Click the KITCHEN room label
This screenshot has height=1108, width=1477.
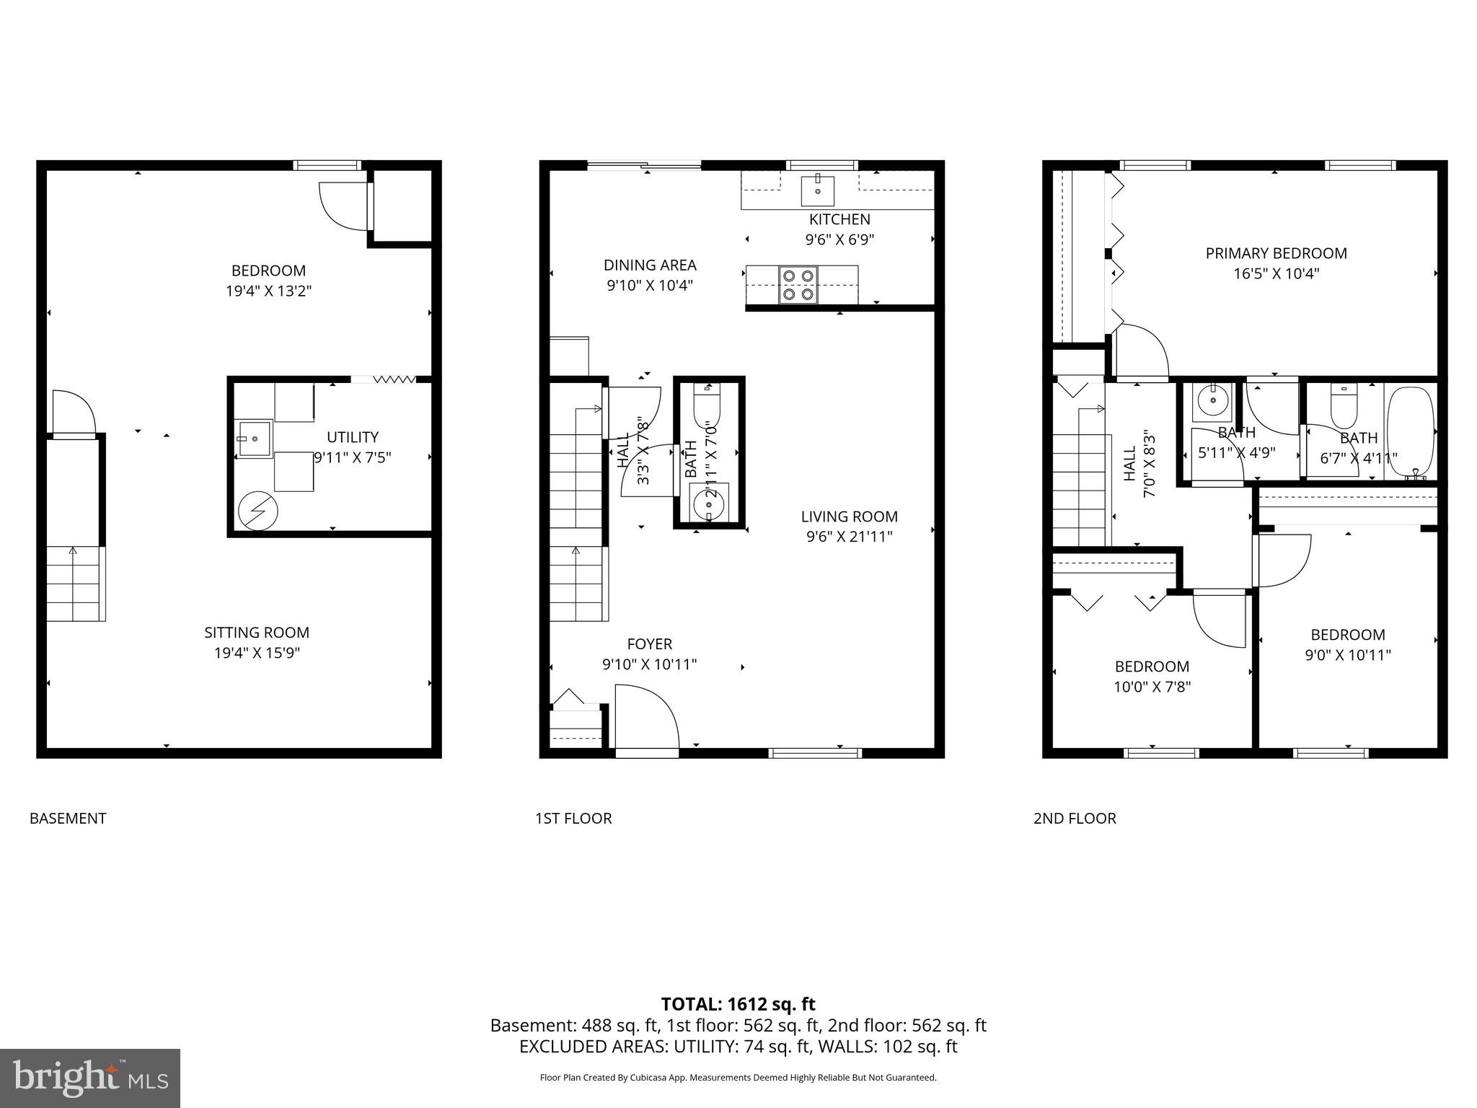839,219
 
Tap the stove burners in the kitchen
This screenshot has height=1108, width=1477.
798,284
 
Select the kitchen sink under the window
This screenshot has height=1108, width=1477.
818,190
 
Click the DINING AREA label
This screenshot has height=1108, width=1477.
650,265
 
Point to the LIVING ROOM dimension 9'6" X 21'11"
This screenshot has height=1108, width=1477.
850,537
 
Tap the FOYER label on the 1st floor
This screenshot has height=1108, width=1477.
649,644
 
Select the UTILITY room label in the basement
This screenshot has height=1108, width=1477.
352,437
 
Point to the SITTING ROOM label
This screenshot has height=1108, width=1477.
257,633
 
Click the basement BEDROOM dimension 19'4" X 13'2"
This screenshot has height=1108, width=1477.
268,291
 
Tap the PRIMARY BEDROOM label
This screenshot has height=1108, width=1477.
1276,253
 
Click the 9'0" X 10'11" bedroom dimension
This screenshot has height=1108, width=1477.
1347,655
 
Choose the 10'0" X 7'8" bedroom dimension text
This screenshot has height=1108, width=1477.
1152,687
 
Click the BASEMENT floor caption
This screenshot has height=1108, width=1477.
68,818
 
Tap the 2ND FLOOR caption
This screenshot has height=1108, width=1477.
1075,818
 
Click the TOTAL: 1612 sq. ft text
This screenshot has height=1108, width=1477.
738,1004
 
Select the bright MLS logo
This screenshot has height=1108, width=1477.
90,1078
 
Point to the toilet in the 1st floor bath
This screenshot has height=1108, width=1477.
707,407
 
